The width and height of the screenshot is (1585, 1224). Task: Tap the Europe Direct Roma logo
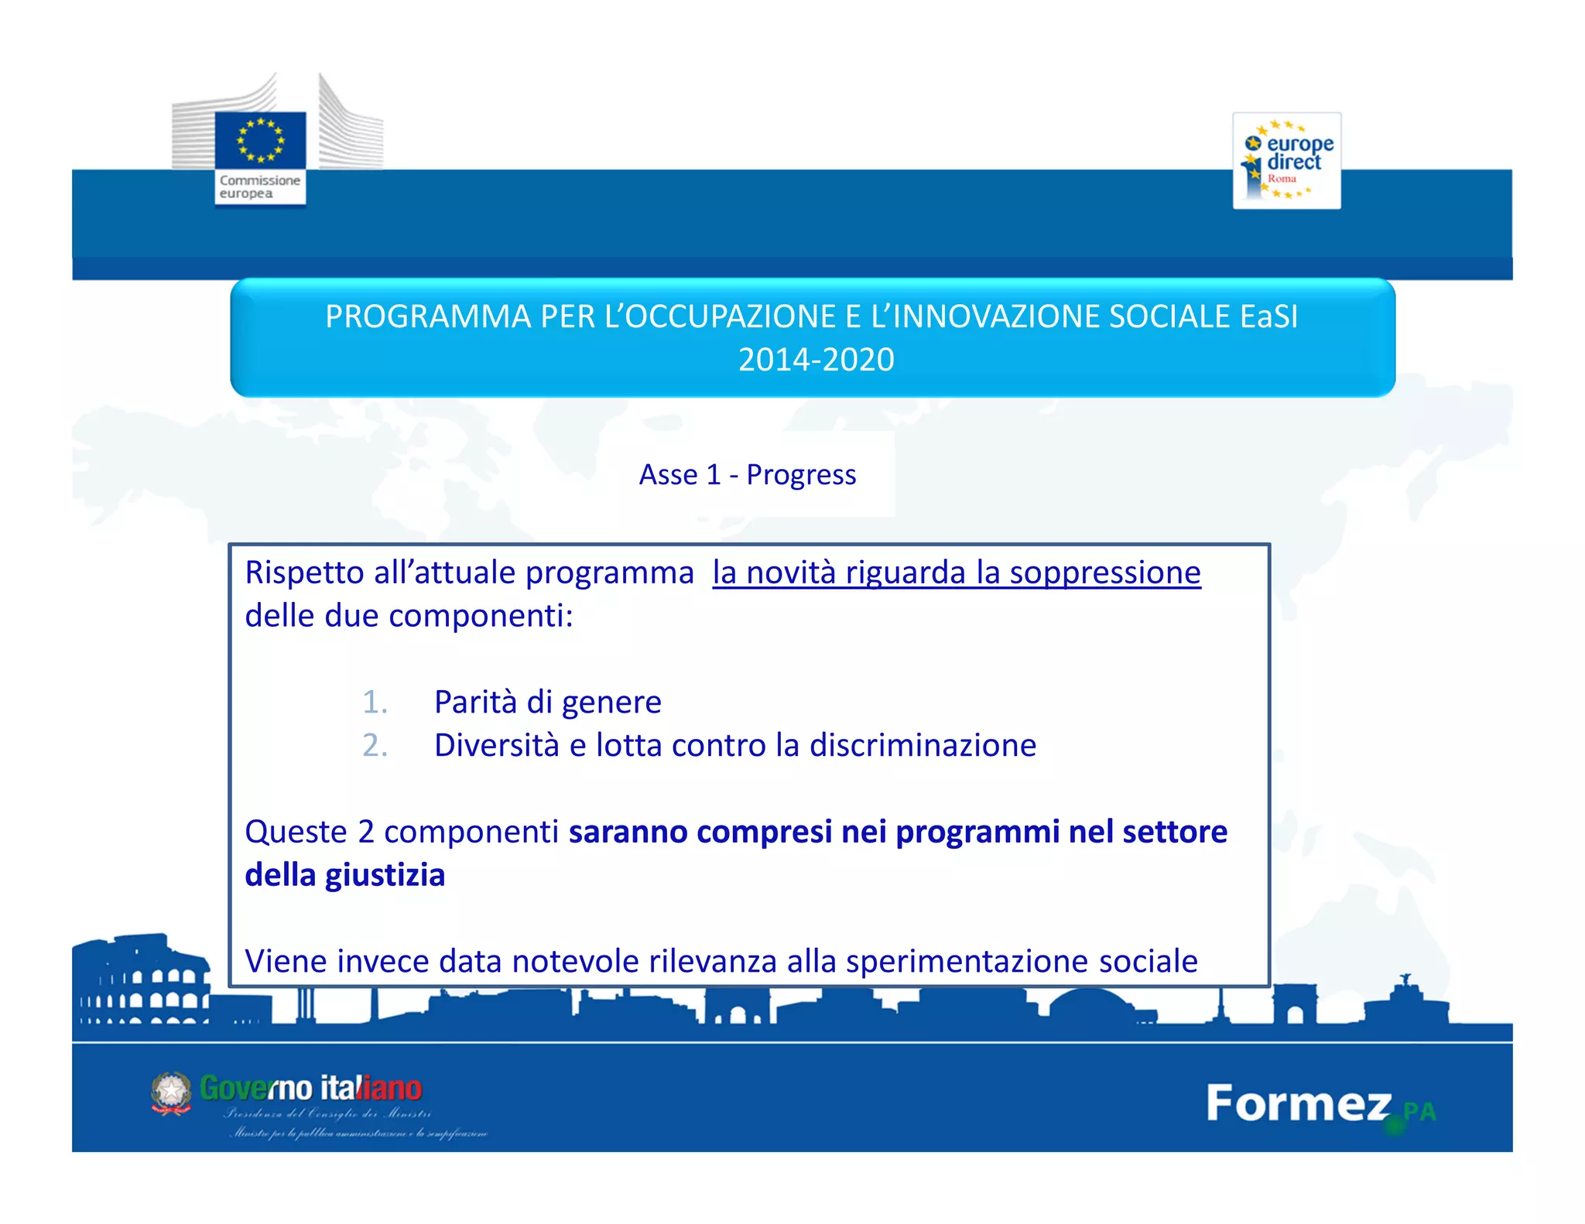pyautogui.click(x=1286, y=161)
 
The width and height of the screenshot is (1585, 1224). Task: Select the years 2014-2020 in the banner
pyautogui.click(x=816, y=360)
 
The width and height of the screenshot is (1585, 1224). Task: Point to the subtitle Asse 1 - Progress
pyautogui.click(x=747, y=474)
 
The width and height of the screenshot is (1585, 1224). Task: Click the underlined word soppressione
pyautogui.click(x=1104, y=573)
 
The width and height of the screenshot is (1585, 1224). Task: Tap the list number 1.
pyautogui.click(x=375, y=702)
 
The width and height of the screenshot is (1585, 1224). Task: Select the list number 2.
pyautogui.click(x=375, y=745)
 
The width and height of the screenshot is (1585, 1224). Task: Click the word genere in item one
pyautogui.click(x=611, y=703)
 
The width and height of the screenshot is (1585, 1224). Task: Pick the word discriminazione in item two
pyautogui.click(x=923, y=745)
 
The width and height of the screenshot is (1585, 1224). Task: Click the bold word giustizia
pyautogui.click(x=385, y=875)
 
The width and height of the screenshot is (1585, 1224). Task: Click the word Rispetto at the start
pyautogui.click(x=304, y=573)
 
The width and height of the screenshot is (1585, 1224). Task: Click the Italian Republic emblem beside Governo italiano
pyautogui.click(x=171, y=1092)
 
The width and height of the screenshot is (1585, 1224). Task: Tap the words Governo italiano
pyautogui.click(x=310, y=1088)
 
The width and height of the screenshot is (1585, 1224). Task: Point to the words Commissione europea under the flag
pyautogui.click(x=259, y=186)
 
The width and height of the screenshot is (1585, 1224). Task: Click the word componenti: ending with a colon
pyautogui.click(x=481, y=616)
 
